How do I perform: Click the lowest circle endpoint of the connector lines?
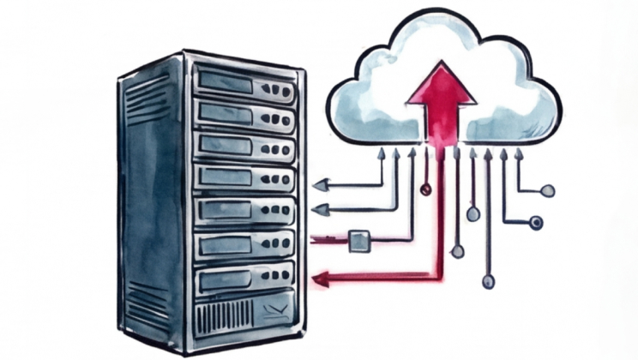point(488,281)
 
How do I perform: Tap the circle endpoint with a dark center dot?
point(537,223)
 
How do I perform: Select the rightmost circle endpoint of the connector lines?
point(548,190)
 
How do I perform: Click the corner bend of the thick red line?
point(439,275)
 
